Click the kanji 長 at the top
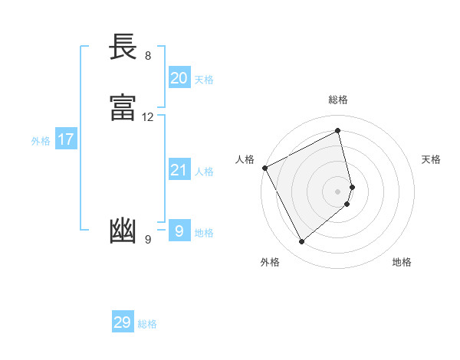pos(123,47)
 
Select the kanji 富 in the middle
pos(123,109)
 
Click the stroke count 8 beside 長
pos(147,56)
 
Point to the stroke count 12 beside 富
pos(147,117)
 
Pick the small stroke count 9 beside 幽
pos(147,240)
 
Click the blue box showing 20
pos(179,78)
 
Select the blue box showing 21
pos(179,170)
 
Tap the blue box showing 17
pos(65,139)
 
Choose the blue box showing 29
pos(122,322)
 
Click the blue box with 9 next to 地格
pos(179,231)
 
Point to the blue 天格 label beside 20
pos(204,80)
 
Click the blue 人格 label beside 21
pos(204,172)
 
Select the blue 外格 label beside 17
pos(41,141)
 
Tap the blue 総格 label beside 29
pos(147,324)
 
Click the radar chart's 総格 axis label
pos(338,100)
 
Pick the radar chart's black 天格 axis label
pos(432,159)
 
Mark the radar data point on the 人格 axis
pos(264,168)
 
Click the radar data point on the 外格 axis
pos(301,242)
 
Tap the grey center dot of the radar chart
pos(338,191)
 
